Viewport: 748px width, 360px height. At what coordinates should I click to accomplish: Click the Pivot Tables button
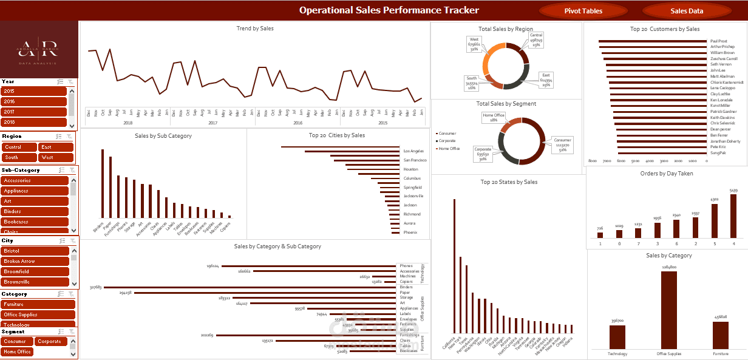point(583,11)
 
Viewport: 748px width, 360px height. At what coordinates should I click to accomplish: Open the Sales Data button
point(687,11)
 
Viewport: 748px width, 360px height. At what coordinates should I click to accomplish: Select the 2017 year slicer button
point(33,112)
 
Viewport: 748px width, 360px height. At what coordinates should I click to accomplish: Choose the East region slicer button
point(56,147)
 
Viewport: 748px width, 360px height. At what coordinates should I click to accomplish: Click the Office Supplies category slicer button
point(38,314)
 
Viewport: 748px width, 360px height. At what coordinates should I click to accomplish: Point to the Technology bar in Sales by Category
point(617,337)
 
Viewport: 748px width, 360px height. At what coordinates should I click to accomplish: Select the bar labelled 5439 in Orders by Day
point(733,216)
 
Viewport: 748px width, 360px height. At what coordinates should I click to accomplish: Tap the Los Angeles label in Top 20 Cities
point(413,151)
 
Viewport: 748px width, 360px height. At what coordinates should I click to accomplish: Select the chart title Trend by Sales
point(254,29)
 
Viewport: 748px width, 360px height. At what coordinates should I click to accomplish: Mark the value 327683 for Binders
point(95,287)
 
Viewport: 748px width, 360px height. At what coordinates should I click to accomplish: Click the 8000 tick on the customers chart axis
point(593,161)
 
